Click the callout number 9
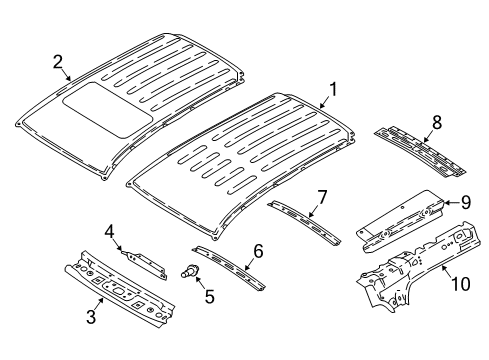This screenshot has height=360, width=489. click(x=463, y=204)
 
